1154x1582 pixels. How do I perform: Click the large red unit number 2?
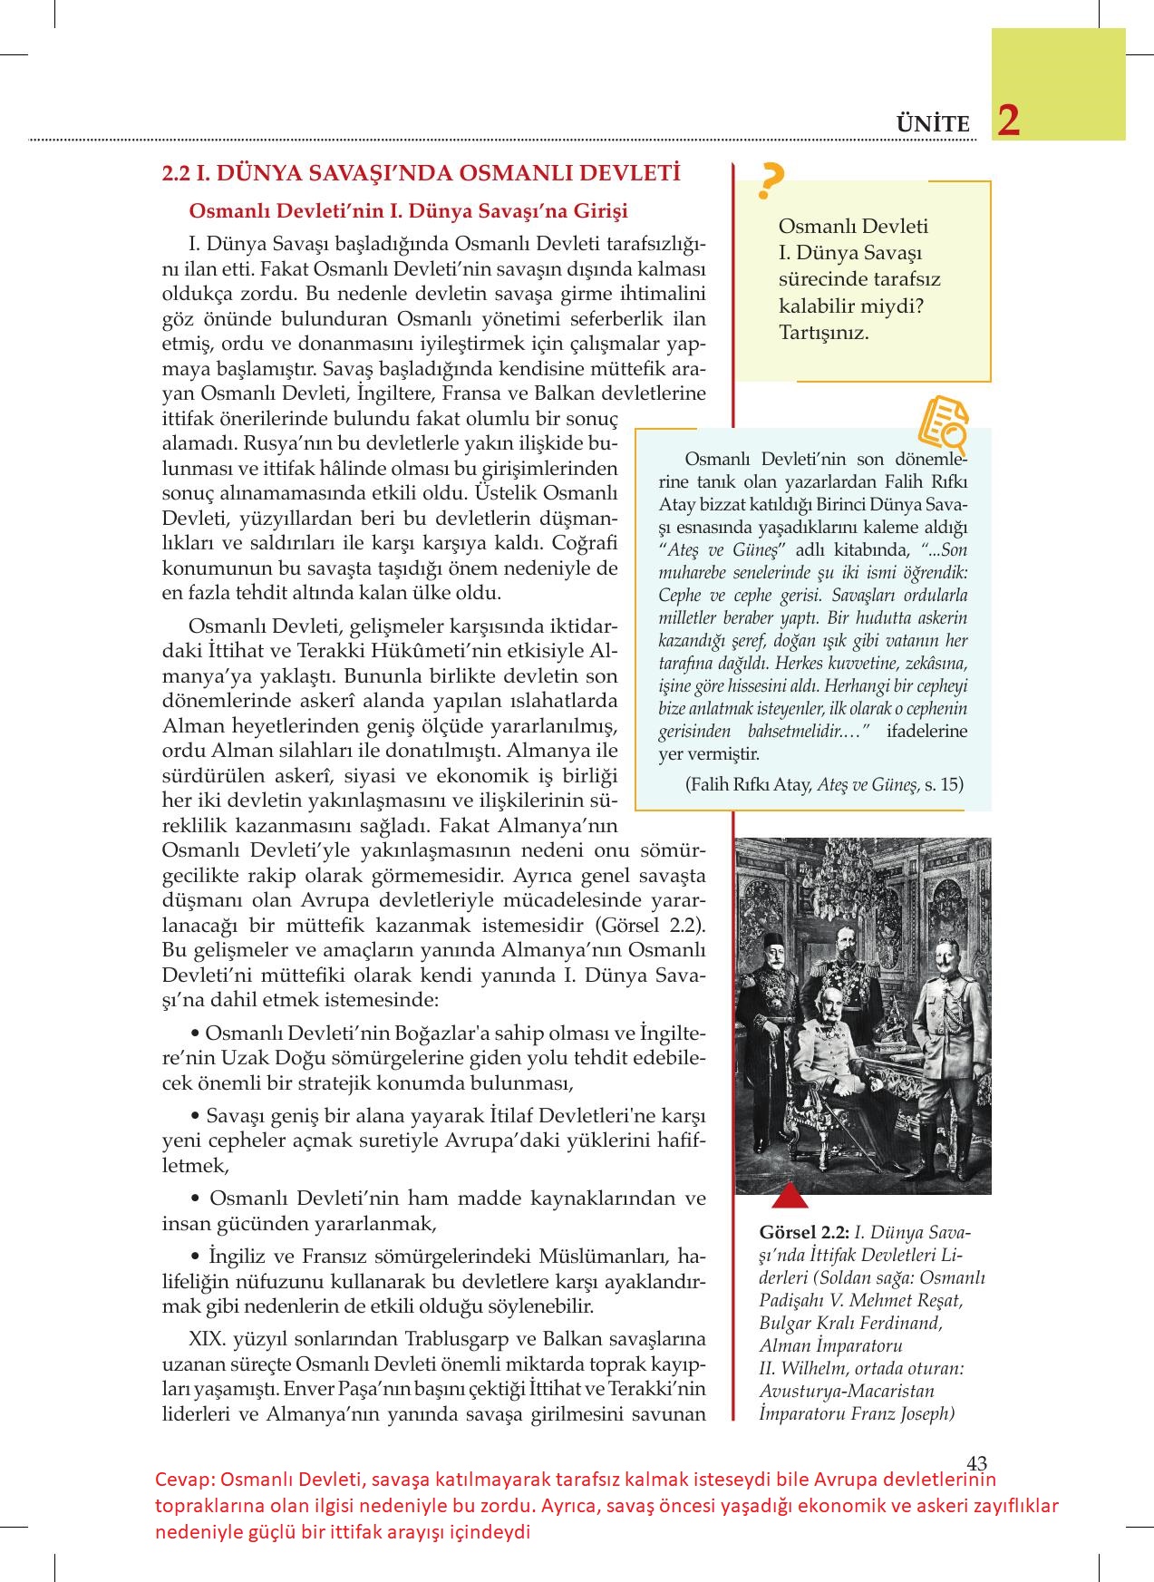pos(1007,121)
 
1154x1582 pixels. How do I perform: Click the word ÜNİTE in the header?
pos(933,124)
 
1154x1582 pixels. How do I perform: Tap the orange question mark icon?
pos(771,181)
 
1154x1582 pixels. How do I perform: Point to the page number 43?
pos(976,1462)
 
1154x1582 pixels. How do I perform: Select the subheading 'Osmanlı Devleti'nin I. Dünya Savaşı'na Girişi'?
pos(408,210)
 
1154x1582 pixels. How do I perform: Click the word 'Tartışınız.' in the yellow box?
pos(823,332)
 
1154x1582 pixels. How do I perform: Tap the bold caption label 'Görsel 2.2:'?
pos(804,1233)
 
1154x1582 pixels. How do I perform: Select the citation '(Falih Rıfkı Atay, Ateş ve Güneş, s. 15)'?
pos(825,785)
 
